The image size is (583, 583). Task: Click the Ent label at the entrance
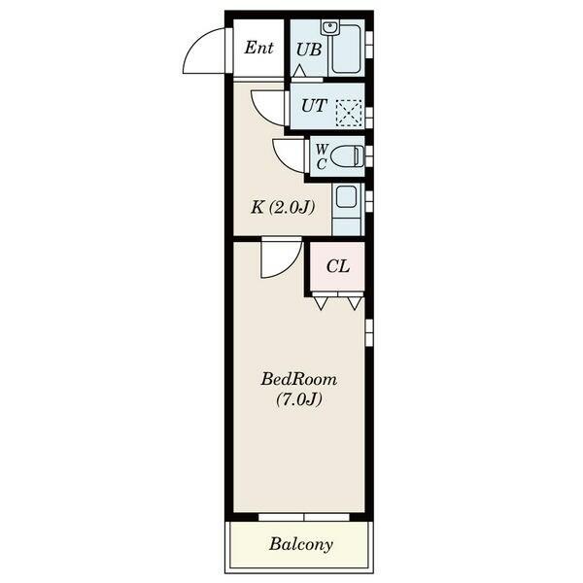(x=258, y=48)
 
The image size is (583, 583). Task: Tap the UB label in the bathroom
(x=309, y=50)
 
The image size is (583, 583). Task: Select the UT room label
(x=314, y=106)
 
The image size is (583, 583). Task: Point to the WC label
(x=322, y=156)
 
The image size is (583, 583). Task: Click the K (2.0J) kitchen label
(x=283, y=207)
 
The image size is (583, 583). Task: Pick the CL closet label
(x=338, y=266)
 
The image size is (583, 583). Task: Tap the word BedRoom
(x=299, y=379)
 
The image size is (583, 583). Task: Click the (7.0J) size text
(x=299, y=399)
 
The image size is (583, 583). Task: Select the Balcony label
(x=301, y=544)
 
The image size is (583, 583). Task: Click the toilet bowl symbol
(x=347, y=156)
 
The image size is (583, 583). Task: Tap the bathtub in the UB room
(x=346, y=50)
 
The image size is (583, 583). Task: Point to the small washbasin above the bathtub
(x=329, y=28)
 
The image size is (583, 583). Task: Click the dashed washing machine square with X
(x=349, y=112)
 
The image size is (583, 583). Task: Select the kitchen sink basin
(x=347, y=196)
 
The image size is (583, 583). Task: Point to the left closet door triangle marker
(x=321, y=303)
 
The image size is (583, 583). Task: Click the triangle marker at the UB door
(x=299, y=71)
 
